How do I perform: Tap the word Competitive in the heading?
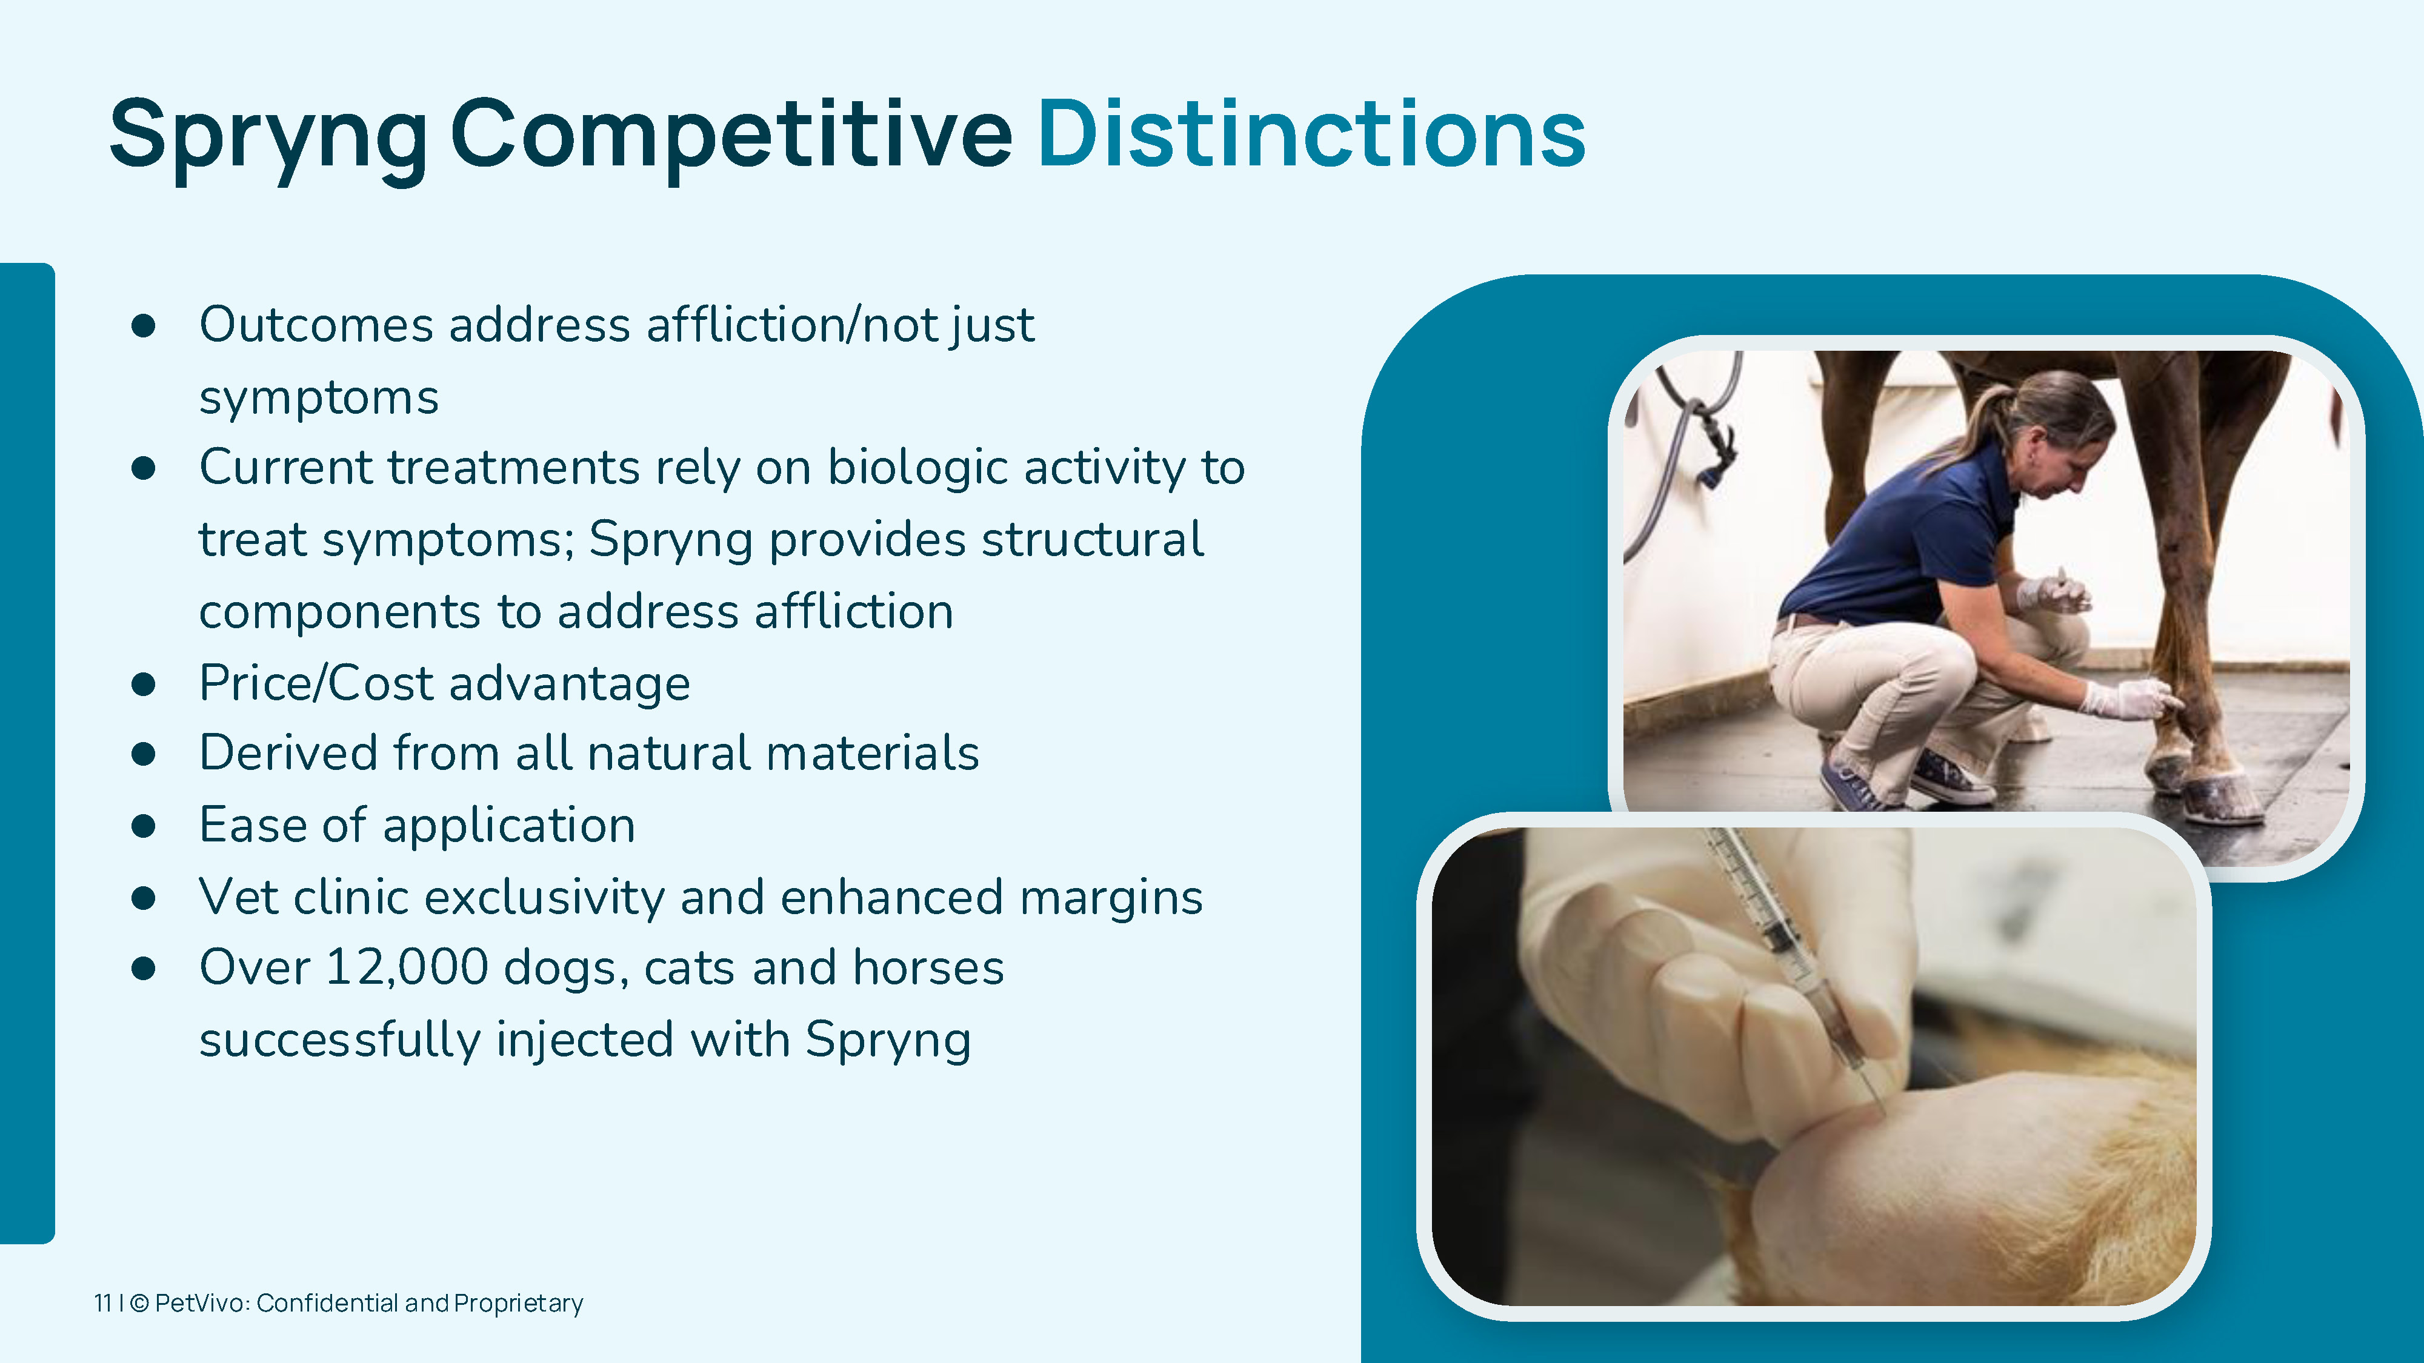click(x=732, y=139)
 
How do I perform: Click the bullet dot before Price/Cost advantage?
click(x=143, y=684)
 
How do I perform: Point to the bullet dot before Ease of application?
click(x=143, y=826)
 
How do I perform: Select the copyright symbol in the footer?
click(x=139, y=1303)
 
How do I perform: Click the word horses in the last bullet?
click(x=928, y=968)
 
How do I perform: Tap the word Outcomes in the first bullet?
click(x=316, y=325)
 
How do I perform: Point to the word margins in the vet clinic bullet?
click(x=1111, y=898)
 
